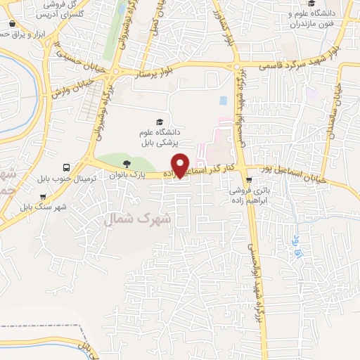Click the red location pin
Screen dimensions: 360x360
[181, 165]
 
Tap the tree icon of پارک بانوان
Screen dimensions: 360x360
[126, 163]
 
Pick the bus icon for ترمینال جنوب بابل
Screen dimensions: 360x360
[66, 168]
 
